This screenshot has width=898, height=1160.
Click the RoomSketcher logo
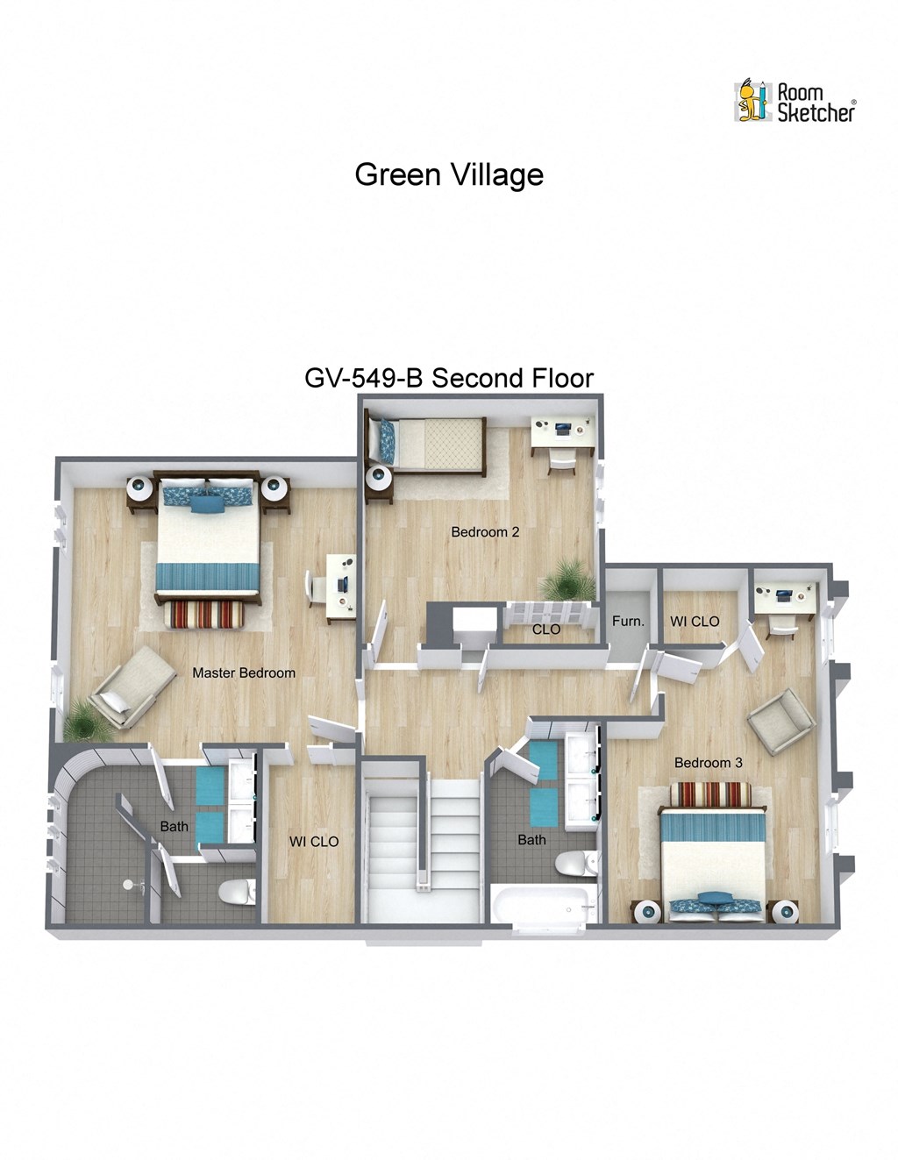coord(795,101)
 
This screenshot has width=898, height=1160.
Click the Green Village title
coord(449,174)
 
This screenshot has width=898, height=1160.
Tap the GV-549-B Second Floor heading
coord(449,378)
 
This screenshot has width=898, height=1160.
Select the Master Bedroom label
coord(244,673)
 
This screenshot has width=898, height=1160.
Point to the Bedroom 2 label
coord(485,531)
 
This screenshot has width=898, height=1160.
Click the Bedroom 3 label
coord(708,763)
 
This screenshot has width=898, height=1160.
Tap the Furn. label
coord(628,621)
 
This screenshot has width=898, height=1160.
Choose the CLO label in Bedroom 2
coord(546,629)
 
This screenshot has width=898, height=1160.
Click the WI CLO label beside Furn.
coord(695,621)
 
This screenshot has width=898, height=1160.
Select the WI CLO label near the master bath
coord(314,842)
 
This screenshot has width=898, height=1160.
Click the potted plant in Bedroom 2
coord(561,580)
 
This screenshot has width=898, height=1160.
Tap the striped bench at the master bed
coord(206,615)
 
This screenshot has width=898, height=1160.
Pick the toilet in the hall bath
coord(575,864)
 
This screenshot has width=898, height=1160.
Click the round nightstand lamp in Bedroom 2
coord(380,479)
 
